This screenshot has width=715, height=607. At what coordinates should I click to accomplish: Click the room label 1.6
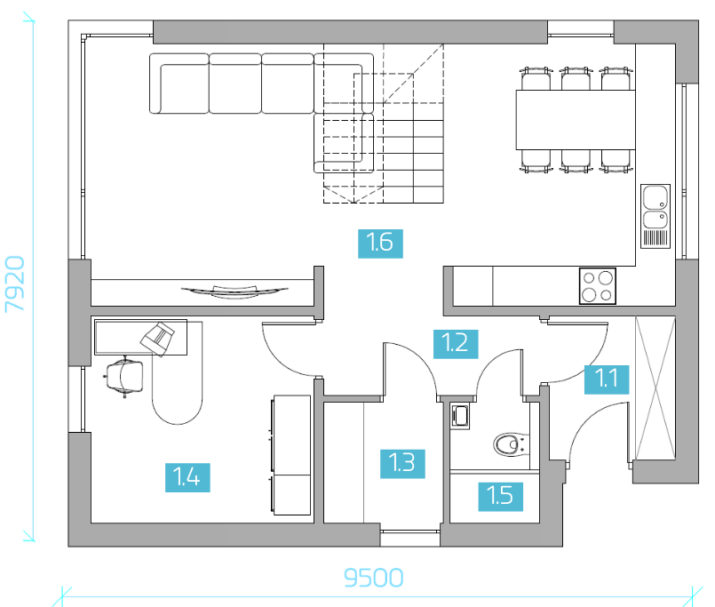(380, 244)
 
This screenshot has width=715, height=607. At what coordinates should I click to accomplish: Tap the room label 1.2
(456, 344)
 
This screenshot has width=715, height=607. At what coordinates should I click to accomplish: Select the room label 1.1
(607, 379)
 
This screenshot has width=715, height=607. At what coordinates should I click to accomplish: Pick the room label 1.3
(402, 464)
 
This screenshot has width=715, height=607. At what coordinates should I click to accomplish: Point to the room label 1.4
(187, 477)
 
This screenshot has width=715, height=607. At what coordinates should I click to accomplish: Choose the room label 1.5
(501, 497)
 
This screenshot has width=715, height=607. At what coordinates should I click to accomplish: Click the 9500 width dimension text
(373, 578)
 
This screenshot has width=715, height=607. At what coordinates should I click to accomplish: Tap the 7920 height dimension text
(14, 284)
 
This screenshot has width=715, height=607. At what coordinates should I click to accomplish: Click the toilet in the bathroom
(512, 444)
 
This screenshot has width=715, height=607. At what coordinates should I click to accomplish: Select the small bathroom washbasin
(460, 416)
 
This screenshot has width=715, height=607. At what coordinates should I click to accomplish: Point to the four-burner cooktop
(598, 286)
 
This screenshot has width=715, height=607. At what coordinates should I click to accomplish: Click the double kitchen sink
(655, 216)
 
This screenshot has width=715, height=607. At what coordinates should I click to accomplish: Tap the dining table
(576, 120)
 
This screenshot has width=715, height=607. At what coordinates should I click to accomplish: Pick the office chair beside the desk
(123, 377)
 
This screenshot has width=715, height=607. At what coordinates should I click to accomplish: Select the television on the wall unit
(234, 292)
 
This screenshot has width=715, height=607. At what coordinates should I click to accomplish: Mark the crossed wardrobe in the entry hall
(655, 388)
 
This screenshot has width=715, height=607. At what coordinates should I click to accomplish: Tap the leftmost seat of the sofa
(179, 83)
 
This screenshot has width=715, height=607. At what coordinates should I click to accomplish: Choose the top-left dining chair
(536, 78)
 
